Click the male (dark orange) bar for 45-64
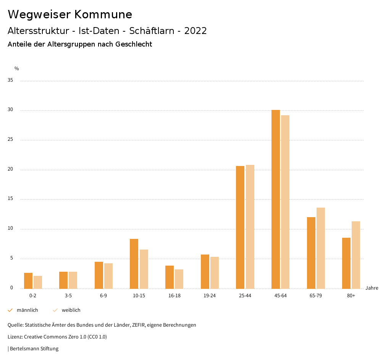click(x=276, y=199)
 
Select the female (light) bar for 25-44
click(x=250, y=227)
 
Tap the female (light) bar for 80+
click(x=356, y=255)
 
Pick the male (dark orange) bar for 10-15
click(x=134, y=264)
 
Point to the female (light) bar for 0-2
click(x=38, y=282)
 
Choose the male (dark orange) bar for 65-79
click(x=311, y=253)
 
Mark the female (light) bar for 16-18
click(x=179, y=279)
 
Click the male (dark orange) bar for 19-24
click(x=205, y=271)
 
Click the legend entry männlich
click(x=27, y=310)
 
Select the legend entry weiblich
click(x=71, y=310)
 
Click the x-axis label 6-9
click(x=103, y=296)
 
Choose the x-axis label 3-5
click(x=68, y=296)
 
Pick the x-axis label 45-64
click(x=280, y=296)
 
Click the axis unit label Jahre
click(x=372, y=288)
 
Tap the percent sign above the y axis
click(x=17, y=69)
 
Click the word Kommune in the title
click(x=103, y=15)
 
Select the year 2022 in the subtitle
click(x=195, y=31)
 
